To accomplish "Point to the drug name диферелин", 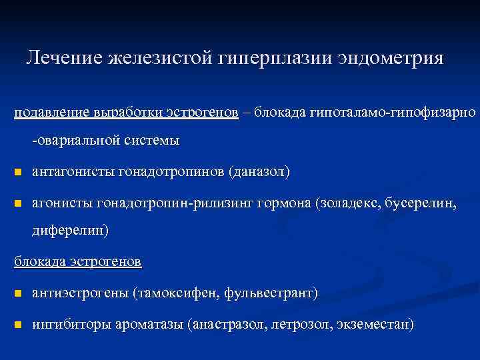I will pyautogui.click(x=69, y=231).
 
